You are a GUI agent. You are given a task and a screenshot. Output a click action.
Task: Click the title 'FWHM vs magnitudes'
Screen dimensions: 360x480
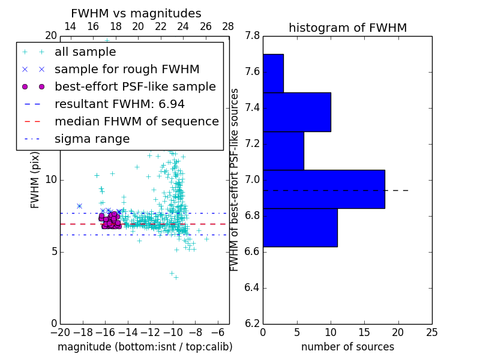coord(136,13)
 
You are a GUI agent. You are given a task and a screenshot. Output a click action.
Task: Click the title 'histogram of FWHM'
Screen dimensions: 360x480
coord(347,28)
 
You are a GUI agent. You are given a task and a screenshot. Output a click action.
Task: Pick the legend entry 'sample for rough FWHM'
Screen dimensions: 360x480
coord(127,69)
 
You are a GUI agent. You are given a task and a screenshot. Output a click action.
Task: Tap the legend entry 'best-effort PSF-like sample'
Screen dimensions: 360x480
coord(135,86)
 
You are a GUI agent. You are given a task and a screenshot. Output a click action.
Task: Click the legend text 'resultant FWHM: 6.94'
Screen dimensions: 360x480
coord(119,104)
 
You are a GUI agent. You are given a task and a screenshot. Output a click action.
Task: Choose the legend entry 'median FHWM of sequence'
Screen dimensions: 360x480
coord(136,121)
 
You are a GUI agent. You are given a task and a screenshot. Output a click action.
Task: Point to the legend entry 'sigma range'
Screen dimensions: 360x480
coord(92,139)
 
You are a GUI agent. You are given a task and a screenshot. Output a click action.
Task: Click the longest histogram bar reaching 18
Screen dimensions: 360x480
coord(324,189)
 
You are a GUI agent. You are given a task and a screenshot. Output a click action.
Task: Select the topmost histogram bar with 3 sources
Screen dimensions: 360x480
coord(273,73)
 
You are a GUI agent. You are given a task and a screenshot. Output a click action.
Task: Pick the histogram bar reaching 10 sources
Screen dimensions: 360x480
coord(297,112)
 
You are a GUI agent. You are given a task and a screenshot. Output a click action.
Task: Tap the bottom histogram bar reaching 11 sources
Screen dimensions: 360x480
coord(300,227)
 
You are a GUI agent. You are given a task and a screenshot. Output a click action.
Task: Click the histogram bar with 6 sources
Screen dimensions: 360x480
coord(283,151)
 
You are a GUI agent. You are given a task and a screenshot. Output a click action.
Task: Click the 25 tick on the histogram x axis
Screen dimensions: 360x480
coord(432,331)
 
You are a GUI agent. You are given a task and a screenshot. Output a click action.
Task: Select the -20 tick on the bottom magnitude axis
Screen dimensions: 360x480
coord(60,331)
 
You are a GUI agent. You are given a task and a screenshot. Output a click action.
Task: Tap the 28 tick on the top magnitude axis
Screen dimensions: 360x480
coord(229,26)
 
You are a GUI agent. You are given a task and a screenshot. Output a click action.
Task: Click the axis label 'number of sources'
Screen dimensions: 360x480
coord(347,347)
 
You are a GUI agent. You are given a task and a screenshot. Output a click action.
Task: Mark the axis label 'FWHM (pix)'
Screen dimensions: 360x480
coord(35,180)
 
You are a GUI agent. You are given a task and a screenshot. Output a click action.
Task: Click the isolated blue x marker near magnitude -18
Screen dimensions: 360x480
coord(79,206)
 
